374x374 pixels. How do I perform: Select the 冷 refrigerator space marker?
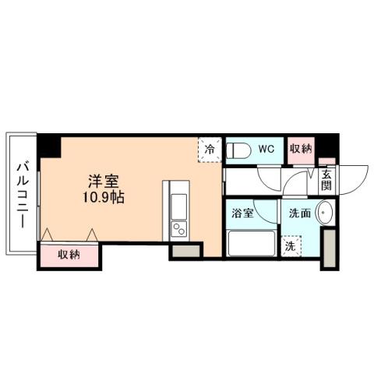tap(210, 147)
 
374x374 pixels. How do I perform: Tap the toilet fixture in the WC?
tap(239, 150)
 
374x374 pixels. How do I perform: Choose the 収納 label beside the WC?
tap(301, 148)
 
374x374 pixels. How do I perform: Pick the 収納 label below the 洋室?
tap(69, 254)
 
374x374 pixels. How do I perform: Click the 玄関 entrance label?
tap(326, 182)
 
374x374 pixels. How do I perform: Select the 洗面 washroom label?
tap(300, 213)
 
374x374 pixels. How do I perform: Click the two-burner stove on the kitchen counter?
tap(179, 229)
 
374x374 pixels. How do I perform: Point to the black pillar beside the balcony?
tap(50, 146)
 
